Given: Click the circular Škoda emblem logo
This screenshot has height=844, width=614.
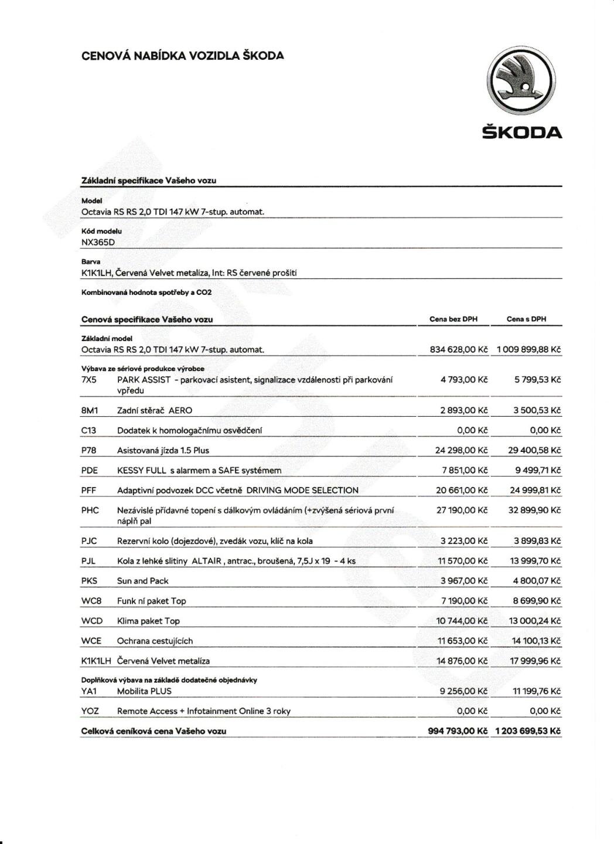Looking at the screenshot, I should click(521, 82).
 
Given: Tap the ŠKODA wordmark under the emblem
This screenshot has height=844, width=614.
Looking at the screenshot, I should click(521, 132).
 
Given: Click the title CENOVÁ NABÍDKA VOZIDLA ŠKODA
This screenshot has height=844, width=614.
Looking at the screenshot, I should click(183, 56).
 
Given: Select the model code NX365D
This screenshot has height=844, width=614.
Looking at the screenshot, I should click(98, 242).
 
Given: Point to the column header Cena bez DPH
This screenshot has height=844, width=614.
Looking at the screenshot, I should click(453, 319).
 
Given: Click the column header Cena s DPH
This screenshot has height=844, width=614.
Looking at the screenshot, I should click(526, 319).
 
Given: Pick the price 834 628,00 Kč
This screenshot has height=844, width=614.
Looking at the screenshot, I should click(459, 350).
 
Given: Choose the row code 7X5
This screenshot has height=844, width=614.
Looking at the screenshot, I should click(89, 380).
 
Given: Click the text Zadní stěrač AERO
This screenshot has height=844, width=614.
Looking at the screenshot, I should click(154, 411).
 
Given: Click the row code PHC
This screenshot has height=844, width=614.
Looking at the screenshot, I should click(90, 511).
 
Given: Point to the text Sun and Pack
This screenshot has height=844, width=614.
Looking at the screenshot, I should click(142, 581).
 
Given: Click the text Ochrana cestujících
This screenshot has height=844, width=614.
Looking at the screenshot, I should click(155, 641).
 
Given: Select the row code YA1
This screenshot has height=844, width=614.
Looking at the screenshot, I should click(89, 692).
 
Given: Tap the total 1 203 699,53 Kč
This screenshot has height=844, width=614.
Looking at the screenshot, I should click(528, 731).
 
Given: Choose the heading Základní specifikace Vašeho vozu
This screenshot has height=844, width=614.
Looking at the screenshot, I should click(149, 181).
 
